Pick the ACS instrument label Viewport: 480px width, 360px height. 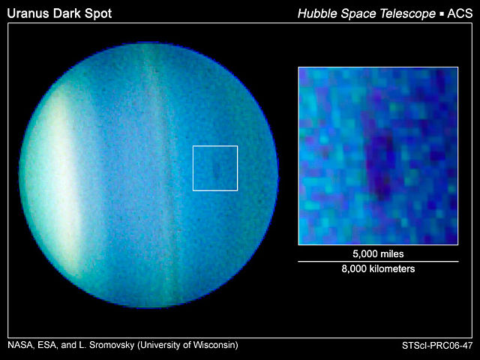[461, 13]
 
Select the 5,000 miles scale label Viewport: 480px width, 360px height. [378, 253]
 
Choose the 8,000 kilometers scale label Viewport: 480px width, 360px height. [378, 268]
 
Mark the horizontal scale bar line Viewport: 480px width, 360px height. [378, 261]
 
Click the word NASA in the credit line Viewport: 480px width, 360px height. [21, 345]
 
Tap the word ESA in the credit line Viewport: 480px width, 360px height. [51, 345]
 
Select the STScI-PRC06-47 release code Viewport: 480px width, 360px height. [437, 346]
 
